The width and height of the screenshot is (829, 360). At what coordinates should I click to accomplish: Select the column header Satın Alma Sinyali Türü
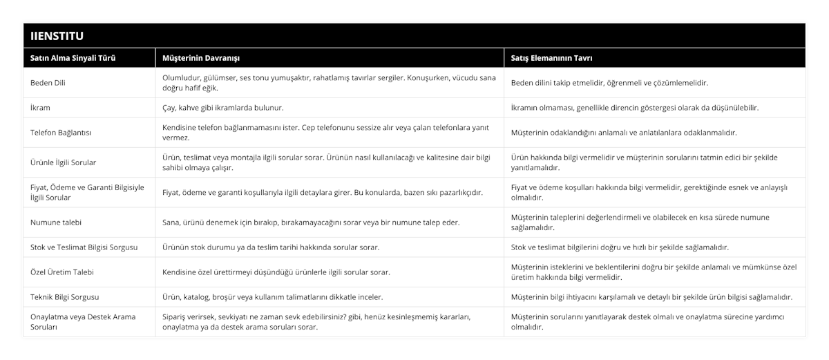coord(73,58)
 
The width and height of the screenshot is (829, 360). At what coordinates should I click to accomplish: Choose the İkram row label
coord(41,108)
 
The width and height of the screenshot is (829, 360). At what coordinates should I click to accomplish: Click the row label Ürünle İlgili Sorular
coord(64,162)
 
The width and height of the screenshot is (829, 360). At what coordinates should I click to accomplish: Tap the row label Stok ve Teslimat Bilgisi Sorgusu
coord(84,247)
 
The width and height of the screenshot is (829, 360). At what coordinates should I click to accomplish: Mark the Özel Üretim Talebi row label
coord(63,272)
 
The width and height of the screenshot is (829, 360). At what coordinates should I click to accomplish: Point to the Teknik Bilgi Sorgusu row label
coord(65,297)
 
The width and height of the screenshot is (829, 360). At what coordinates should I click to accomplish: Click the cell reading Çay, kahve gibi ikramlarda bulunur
coord(222,108)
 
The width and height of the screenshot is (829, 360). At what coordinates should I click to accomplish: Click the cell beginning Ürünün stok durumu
coord(270,247)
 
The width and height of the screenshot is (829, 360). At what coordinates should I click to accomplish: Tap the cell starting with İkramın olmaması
coord(635,108)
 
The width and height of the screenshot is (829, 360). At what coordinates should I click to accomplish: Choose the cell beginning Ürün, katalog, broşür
coord(272,297)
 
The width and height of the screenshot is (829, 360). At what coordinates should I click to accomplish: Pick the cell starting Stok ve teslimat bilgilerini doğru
coord(620,247)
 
